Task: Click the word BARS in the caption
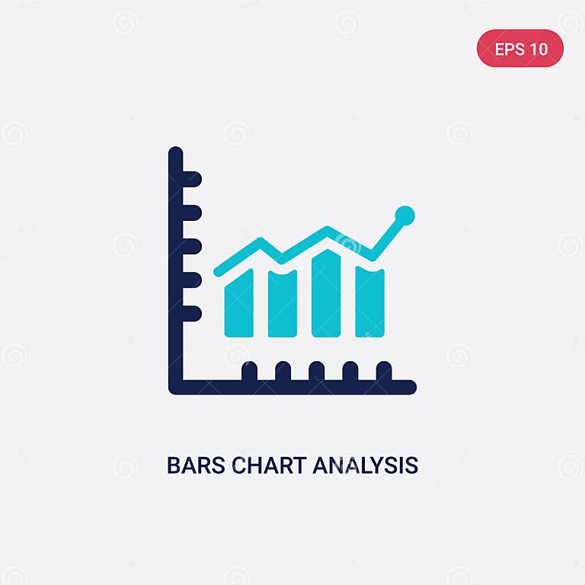point(190,465)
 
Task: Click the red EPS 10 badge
point(520,50)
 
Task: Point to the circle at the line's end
point(405,216)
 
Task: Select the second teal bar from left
point(283,305)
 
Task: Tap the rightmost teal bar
point(370,302)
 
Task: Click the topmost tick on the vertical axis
point(191,179)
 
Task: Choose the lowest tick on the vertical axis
point(191,313)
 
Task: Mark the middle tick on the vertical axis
point(191,246)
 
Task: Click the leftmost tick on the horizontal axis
point(249,371)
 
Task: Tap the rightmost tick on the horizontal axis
point(384,371)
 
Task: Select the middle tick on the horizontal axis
point(316,371)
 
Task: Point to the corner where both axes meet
point(176,386)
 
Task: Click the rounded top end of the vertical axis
point(176,152)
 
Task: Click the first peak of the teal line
point(260,242)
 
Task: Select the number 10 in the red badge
point(538,50)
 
